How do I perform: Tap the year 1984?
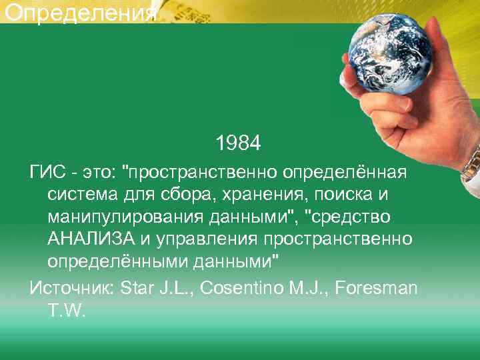click(x=238, y=143)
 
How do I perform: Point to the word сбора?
click(x=192, y=196)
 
